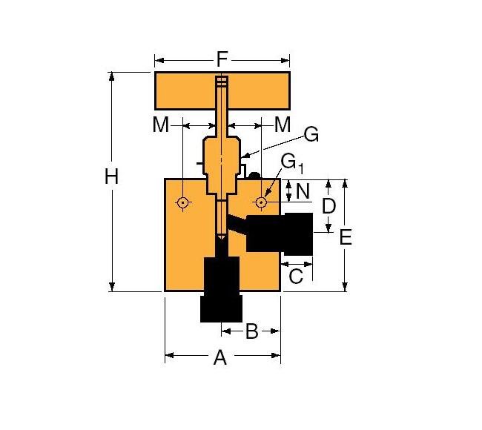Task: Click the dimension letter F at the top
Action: (222, 59)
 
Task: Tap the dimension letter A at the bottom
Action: (219, 358)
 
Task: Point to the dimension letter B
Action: (251, 331)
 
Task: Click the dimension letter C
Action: (295, 277)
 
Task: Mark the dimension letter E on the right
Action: (346, 237)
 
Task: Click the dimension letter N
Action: (303, 191)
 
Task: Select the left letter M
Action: (161, 125)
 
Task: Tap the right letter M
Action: (282, 125)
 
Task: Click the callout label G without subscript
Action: (311, 135)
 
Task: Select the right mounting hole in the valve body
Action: (260, 202)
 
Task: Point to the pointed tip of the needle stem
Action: (221, 237)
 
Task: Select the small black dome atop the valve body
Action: (254, 176)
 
